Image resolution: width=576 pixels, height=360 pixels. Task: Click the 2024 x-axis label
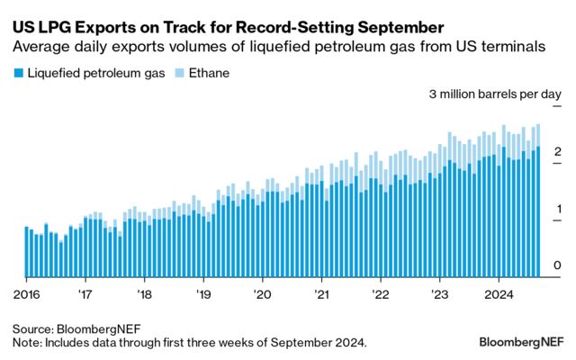[x=499, y=293]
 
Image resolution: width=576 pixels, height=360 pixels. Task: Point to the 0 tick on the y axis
[x=558, y=265]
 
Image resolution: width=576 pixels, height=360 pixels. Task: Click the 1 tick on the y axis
[x=558, y=209]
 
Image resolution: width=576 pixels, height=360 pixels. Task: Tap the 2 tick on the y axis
[x=558, y=151]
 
